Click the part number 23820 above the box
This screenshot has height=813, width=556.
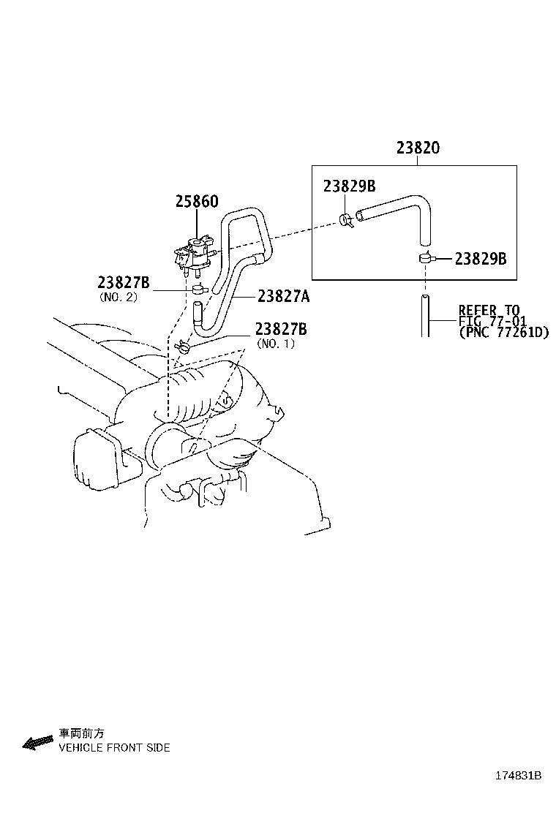(418, 148)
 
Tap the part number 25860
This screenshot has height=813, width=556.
(197, 201)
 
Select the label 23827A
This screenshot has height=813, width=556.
(284, 296)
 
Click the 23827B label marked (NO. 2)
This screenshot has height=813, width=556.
(124, 283)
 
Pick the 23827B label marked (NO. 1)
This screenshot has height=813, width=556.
(281, 329)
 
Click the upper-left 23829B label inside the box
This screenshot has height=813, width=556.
(349, 186)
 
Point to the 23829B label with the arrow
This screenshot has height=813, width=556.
(481, 258)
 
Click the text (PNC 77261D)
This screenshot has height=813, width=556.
(504, 333)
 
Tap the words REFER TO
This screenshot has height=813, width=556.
(489, 310)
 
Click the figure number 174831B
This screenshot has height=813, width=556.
(518, 776)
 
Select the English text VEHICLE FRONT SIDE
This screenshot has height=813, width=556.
(114, 748)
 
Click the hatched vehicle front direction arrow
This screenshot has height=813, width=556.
(38, 743)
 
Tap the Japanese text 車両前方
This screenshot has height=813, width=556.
(81, 733)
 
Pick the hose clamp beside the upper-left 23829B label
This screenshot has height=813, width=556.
(347, 220)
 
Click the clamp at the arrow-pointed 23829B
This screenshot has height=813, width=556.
(424, 257)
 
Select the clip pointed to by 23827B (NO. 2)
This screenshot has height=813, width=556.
(199, 290)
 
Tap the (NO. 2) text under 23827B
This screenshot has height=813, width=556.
(118, 298)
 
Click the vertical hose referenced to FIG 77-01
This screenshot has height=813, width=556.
(425, 316)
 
